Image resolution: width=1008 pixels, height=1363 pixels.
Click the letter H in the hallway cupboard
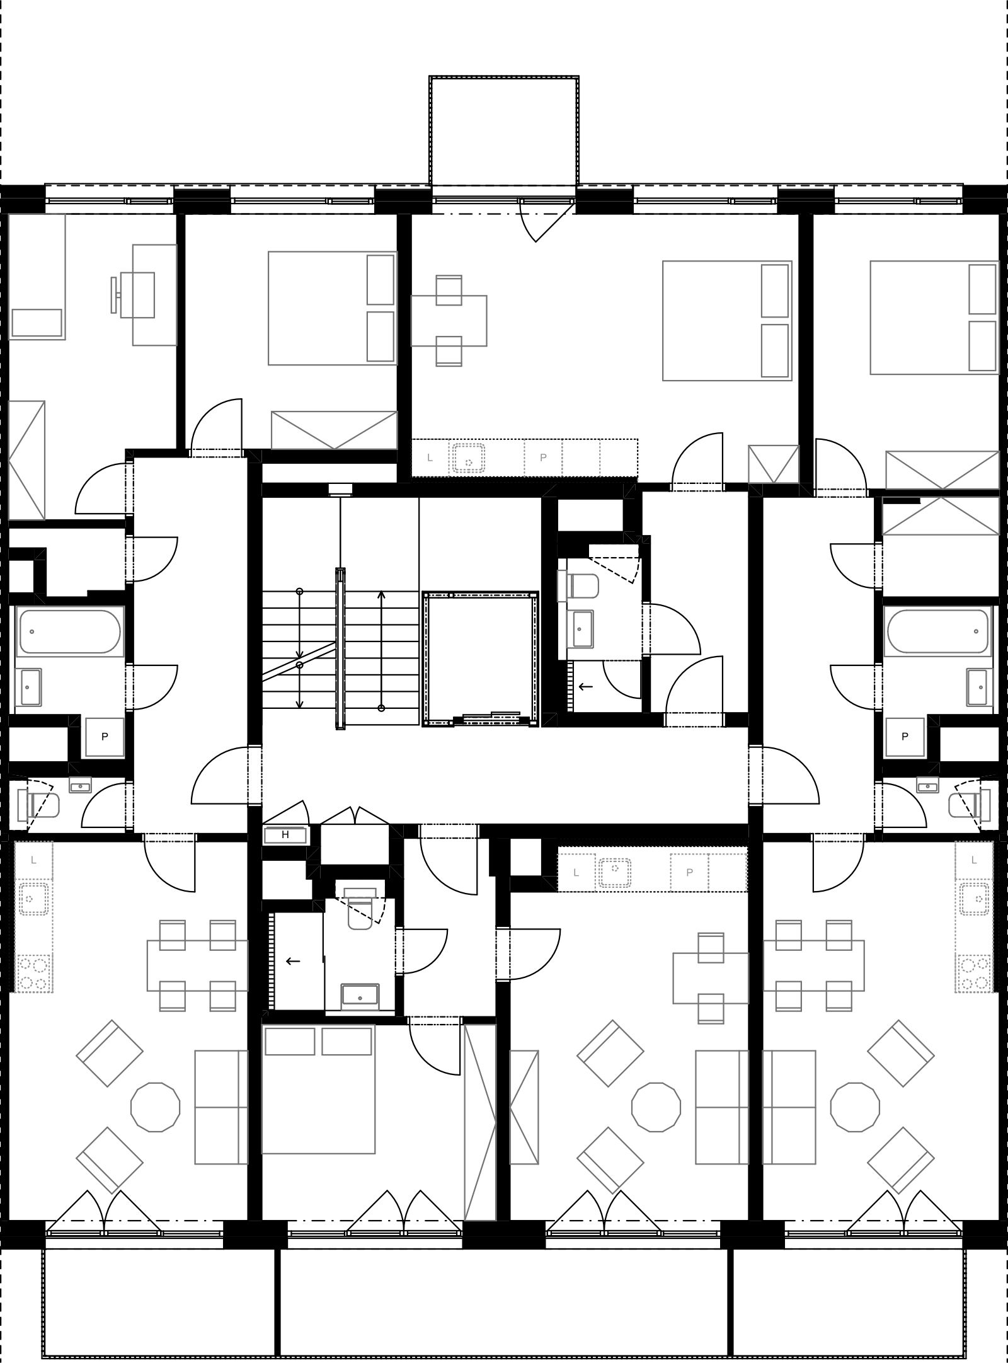(285, 835)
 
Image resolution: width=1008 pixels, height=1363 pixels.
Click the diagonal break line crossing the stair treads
(299, 661)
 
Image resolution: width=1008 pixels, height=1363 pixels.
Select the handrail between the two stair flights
(340, 648)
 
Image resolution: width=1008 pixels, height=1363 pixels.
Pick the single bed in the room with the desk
(37, 276)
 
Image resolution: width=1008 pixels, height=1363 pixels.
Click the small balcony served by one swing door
(504, 131)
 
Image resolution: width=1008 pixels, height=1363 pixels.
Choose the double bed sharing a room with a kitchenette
(727, 321)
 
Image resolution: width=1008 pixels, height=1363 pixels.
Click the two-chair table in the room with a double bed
(449, 321)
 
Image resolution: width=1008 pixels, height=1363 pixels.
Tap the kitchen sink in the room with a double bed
(468, 457)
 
